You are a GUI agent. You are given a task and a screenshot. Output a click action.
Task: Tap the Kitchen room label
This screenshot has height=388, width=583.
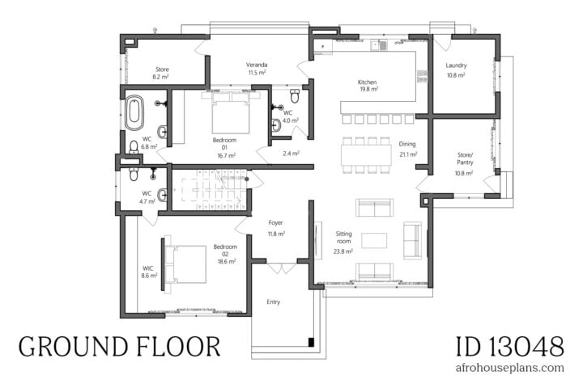pyautogui.click(x=368, y=82)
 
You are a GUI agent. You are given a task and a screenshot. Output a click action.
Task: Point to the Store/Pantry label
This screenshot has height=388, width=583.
pyautogui.click(x=464, y=162)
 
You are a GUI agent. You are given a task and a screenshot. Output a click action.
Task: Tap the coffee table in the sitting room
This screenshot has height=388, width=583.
pyautogui.click(x=373, y=240)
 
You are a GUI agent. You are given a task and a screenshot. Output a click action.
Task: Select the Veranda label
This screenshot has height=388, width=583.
pyautogui.click(x=257, y=65)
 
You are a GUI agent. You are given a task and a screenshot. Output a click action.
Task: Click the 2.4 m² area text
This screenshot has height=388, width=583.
pyautogui.click(x=291, y=153)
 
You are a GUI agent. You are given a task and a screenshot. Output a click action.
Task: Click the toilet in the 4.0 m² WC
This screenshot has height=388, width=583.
pyautogui.click(x=295, y=97)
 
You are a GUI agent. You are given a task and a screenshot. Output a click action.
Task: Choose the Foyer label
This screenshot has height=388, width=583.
pyautogui.click(x=276, y=223)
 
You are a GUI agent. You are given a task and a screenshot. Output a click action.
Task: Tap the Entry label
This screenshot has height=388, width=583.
pyautogui.click(x=274, y=302)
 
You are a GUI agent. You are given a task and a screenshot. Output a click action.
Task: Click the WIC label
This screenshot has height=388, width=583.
pyautogui.click(x=148, y=268)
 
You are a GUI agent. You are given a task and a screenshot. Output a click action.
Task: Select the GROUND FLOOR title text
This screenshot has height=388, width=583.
pyautogui.click(x=119, y=347)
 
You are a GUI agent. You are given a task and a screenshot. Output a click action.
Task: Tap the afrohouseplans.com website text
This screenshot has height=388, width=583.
pyautogui.click(x=509, y=368)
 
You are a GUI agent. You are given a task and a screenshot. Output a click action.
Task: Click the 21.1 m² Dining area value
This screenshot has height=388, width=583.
pyautogui.click(x=407, y=154)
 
